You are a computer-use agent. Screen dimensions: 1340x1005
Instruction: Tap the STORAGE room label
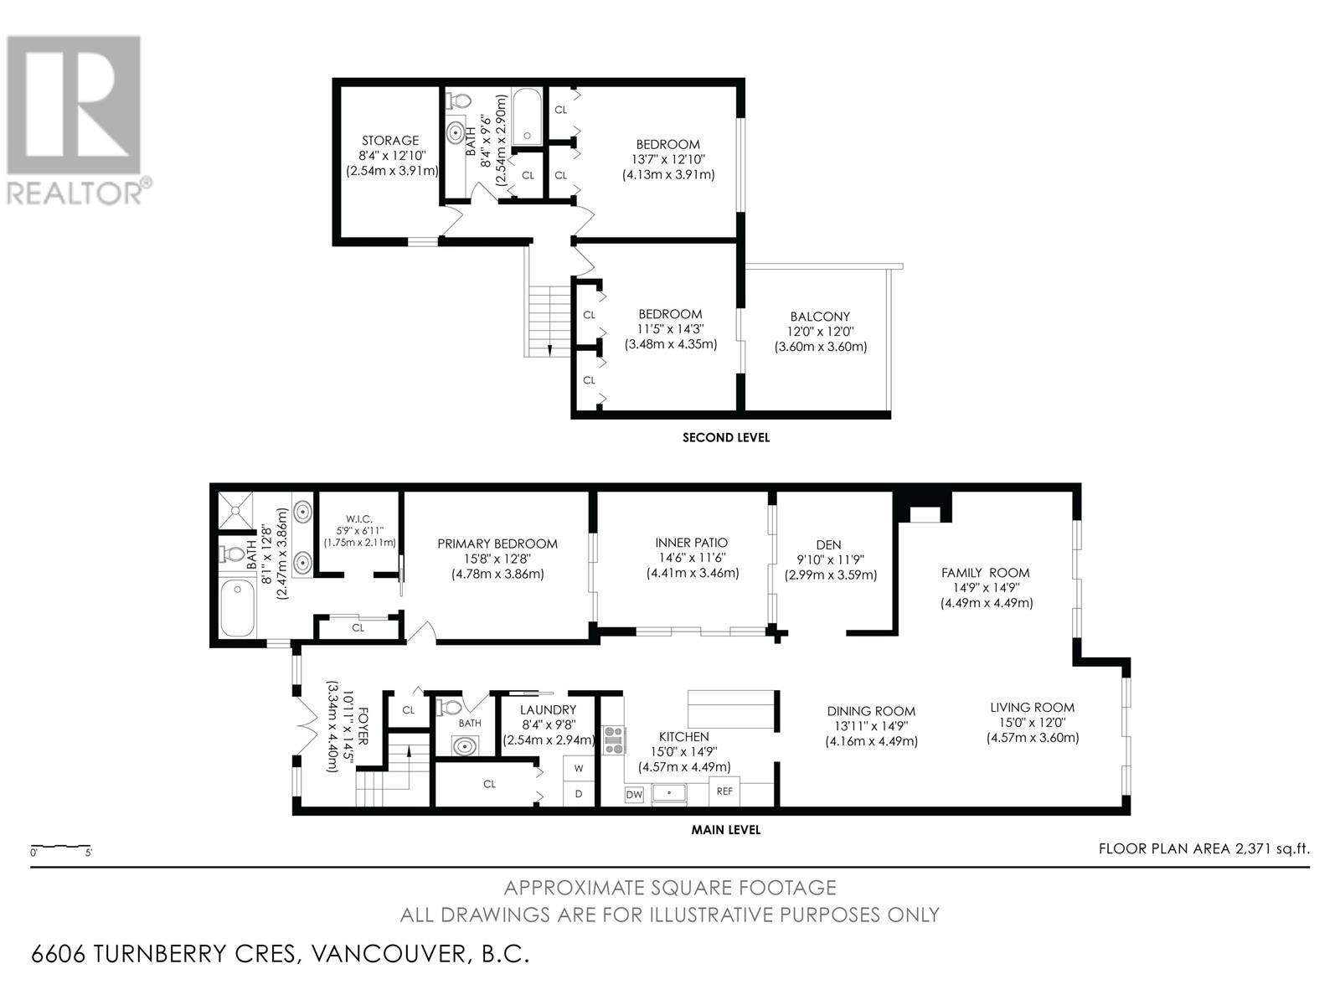pyautogui.click(x=391, y=141)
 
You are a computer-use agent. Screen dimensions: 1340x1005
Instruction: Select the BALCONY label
pyautogui.click(x=820, y=317)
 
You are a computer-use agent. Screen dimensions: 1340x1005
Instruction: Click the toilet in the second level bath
pyautogui.click(x=459, y=100)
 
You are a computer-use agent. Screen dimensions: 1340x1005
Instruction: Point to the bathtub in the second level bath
pyautogui.click(x=526, y=117)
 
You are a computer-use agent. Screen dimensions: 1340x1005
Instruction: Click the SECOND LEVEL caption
pyautogui.click(x=726, y=437)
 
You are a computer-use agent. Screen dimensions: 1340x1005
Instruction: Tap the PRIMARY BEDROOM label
pyautogui.click(x=497, y=544)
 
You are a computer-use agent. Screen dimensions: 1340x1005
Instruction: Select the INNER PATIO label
pyautogui.click(x=692, y=543)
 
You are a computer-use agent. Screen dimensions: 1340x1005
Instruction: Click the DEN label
pyautogui.click(x=828, y=545)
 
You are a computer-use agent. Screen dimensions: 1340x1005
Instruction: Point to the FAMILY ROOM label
pyautogui.click(x=985, y=573)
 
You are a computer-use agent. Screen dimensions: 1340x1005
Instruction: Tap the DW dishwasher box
pyautogui.click(x=634, y=794)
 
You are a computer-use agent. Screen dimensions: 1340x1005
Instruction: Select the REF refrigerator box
pyautogui.click(x=724, y=791)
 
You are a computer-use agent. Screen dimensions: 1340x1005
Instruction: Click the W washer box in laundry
pyautogui.click(x=579, y=769)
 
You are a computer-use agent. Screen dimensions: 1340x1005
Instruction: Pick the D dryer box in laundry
pyautogui.click(x=579, y=794)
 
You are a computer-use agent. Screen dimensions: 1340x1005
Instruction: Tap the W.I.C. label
pyautogui.click(x=359, y=519)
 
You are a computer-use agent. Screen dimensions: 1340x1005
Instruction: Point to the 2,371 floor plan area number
pyautogui.click(x=1251, y=848)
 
